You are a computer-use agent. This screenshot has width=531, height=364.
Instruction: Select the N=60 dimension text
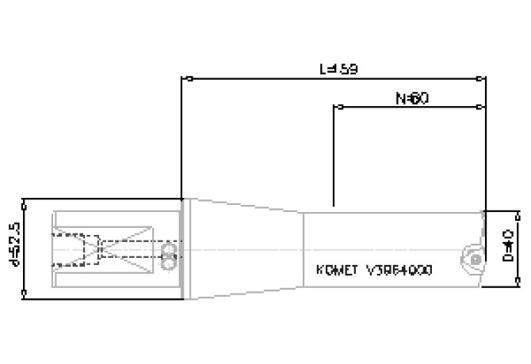412,99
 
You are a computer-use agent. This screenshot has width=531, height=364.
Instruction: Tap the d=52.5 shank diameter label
11,248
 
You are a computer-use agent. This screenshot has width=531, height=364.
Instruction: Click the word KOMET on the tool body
334,271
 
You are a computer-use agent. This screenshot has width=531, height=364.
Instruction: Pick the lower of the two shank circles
168,256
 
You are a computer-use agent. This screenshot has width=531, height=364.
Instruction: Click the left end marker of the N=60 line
334,105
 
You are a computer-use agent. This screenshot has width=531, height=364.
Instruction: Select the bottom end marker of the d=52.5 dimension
26,297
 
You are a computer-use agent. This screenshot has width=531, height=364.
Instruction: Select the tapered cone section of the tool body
246,249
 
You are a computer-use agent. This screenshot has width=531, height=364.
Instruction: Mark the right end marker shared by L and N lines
483,79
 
